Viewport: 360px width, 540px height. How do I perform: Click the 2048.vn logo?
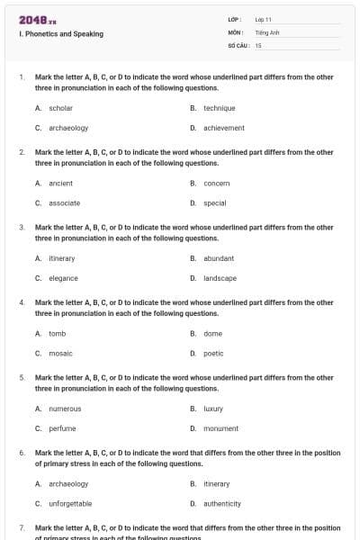(37, 19)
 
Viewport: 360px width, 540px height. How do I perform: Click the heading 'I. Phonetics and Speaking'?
(60, 34)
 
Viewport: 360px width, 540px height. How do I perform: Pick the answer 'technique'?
(219, 108)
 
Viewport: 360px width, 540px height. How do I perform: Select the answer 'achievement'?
(223, 128)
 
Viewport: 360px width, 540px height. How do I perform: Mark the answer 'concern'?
(217, 184)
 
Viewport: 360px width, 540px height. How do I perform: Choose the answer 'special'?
(214, 203)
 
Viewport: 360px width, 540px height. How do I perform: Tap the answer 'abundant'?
(219, 258)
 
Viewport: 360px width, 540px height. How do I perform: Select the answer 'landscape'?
(220, 278)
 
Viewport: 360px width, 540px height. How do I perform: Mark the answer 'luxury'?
(213, 409)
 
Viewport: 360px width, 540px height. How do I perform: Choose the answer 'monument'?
(220, 428)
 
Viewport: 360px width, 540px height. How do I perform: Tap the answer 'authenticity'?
(222, 504)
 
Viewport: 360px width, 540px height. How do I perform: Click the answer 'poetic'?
(213, 354)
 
